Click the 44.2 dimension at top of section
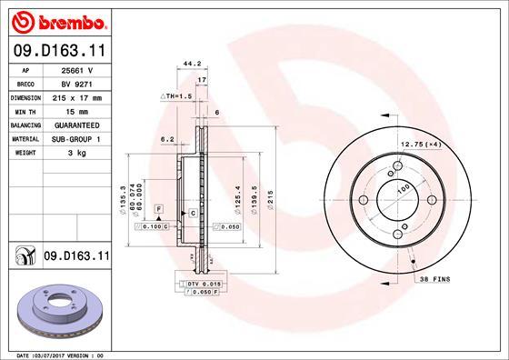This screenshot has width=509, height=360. coord(191,65)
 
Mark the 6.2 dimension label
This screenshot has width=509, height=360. coord(166,139)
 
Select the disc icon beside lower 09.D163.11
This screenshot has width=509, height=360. coord(24,257)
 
